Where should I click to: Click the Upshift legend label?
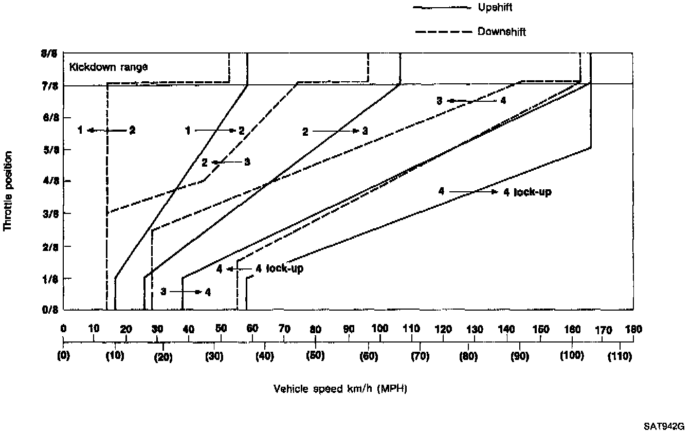tap(495, 8)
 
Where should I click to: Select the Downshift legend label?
tap(501, 32)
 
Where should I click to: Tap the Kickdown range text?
tap(109, 67)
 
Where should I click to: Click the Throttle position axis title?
tap(8, 191)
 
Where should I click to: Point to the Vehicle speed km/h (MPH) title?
tap(340, 389)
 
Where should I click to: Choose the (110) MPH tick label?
tap(619, 356)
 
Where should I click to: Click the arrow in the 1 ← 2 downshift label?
tap(106, 131)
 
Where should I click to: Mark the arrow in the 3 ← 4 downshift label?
tap(471, 101)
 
